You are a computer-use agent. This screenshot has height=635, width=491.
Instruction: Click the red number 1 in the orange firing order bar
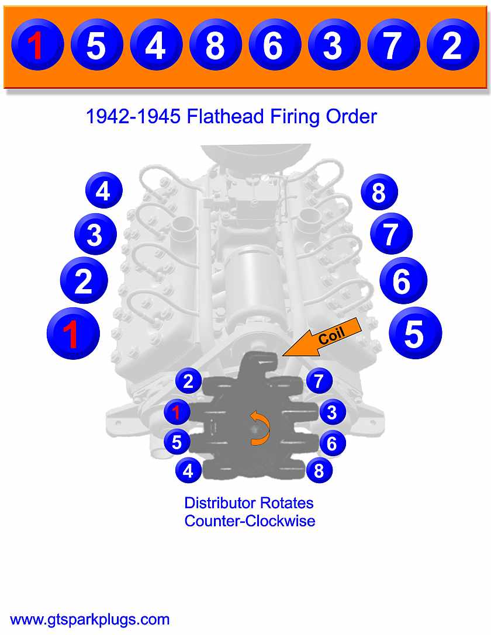click(x=37, y=46)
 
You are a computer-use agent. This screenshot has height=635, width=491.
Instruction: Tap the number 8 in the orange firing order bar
click(x=215, y=46)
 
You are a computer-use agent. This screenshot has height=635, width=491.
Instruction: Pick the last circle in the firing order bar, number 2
click(x=452, y=46)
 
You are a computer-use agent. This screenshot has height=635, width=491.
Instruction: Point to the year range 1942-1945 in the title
click(x=134, y=117)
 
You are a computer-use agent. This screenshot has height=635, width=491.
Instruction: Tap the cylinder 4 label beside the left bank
click(x=103, y=190)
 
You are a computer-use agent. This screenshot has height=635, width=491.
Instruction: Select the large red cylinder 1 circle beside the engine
click(x=72, y=335)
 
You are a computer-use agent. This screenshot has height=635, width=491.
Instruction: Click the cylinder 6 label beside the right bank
click(x=403, y=282)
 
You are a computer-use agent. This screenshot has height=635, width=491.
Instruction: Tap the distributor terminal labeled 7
click(x=319, y=381)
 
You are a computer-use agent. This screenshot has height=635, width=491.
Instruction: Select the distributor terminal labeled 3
click(x=332, y=412)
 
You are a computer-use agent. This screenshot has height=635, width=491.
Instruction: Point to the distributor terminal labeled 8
click(x=319, y=470)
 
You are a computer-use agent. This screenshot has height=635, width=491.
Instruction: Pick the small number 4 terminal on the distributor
click(x=188, y=470)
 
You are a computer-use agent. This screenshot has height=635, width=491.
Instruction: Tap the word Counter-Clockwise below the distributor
click(x=250, y=521)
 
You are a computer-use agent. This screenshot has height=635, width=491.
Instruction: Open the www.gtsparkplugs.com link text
click(x=90, y=619)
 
